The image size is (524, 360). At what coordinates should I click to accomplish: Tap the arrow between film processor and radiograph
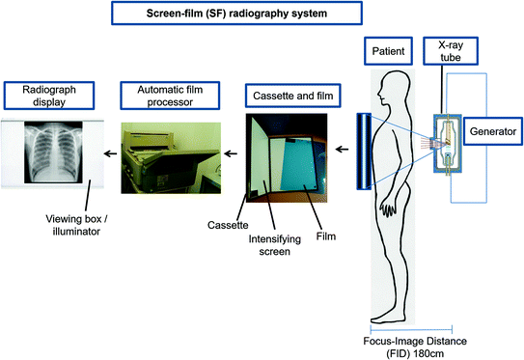(111, 152)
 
